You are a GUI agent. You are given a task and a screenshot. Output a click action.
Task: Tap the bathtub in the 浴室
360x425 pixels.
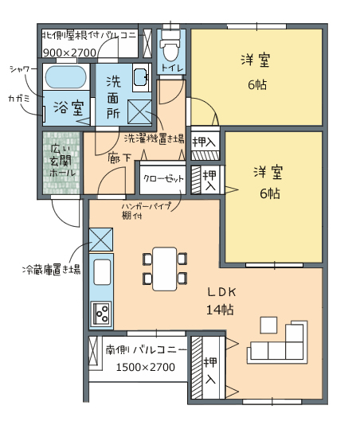click(x=66, y=76)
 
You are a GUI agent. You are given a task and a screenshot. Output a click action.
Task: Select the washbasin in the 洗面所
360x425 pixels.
click(x=142, y=77)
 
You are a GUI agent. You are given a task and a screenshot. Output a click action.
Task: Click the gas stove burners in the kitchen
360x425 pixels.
click(x=101, y=314)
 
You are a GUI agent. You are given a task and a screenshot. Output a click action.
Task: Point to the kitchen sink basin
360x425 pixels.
click(x=102, y=272)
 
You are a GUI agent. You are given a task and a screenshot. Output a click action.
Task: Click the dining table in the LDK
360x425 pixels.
click(x=165, y=268)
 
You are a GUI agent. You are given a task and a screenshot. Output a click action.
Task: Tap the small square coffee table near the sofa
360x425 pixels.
click(x=268, y=325)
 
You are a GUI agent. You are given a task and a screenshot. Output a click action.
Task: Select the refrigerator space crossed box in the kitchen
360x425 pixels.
click(x=101, y=240)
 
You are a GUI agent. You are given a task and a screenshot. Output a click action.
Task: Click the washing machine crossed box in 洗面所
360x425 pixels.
click(x=139, y=111)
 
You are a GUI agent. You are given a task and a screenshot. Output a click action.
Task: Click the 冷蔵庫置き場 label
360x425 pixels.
click(x=52, y=270)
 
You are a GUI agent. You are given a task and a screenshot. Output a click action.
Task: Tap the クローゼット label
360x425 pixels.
click(x=163, y=178)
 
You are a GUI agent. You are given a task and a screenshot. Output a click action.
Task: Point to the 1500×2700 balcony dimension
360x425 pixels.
click(x=146, y=367)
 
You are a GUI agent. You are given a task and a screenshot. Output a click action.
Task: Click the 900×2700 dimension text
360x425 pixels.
click(x=69, y=53)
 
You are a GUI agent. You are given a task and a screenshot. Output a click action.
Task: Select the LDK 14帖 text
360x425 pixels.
click(x=221, y=301)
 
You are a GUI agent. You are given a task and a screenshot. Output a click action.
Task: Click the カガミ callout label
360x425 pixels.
click(x=19, y=99)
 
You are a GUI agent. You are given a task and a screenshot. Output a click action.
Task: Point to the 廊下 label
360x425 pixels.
click(x=119, y=158)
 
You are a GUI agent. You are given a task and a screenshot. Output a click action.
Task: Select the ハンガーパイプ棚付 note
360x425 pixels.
click(x=147, y=210)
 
